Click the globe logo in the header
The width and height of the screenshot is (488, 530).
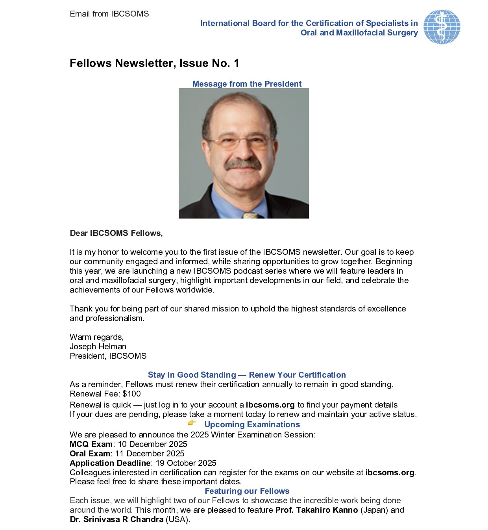coord(442,27)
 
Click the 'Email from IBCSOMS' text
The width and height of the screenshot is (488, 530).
coord(109,14)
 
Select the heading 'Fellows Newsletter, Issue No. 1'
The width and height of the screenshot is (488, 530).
coord(154,63)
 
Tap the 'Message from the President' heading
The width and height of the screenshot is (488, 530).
coord(247,84)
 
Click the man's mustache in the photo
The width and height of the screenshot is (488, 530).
coord(243,164)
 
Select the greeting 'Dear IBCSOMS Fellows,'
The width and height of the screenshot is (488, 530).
coord(116,233)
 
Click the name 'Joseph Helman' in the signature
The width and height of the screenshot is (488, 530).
coord(98,347)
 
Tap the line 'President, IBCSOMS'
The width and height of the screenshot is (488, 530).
coord(108,356)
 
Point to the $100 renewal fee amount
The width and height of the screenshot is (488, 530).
coord(131,394)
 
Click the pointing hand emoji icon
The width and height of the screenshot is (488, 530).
coord(192,423)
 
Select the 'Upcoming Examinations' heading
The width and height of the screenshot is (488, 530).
coord(252,424)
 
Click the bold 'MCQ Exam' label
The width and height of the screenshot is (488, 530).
coord(91,444)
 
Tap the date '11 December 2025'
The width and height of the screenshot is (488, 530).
coord(150,454)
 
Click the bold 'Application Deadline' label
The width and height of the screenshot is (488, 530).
coord(110,463)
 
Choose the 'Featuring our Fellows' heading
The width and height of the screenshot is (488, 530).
coord(247,491)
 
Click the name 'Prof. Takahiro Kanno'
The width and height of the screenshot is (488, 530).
coord(316,510)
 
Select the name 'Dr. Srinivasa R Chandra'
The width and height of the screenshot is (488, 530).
coord(116,519)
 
